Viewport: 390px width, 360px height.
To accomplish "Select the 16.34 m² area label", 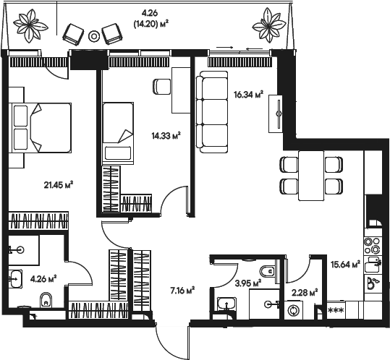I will (x=248, y=93).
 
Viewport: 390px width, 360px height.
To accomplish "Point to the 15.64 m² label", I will (x=345, y=264).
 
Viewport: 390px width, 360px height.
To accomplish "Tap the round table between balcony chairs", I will (x=94, y=35).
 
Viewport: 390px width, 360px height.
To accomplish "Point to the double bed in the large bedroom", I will (x=41, y=126).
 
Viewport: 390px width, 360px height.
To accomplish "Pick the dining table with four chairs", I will (x=310, y=175).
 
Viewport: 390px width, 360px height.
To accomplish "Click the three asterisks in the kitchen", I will (x=336, y=311).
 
